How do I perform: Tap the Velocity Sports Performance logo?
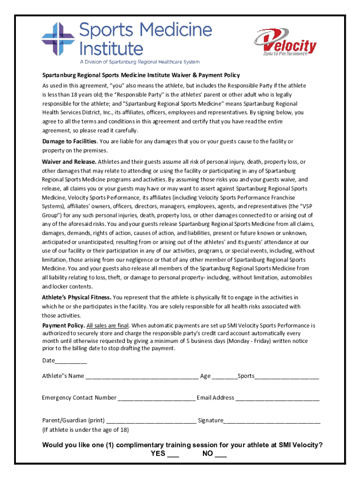[x=285, y=43]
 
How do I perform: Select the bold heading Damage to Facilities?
[x=69, y=141]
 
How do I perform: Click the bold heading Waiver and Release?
[x=69, y=162]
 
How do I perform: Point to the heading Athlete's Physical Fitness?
[x=77, y=298]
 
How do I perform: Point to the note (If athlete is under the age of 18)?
[x=86, y=430]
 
